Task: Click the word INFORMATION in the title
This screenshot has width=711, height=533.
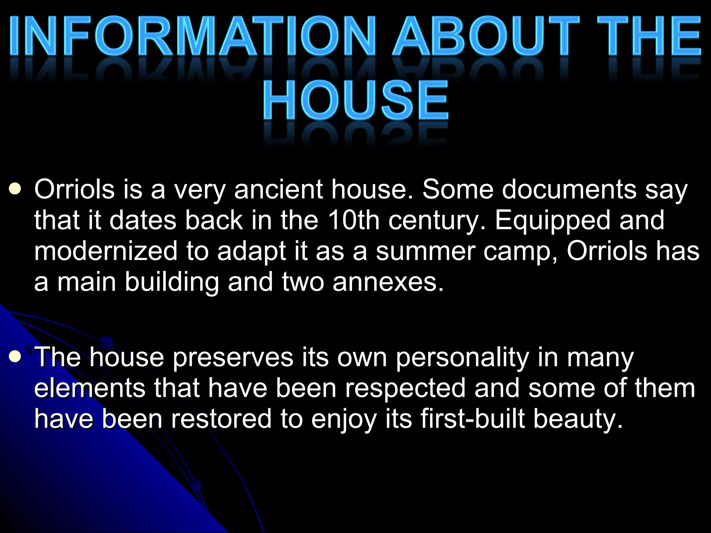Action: [x=193, y=36]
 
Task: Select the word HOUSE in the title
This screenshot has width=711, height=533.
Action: [x=356, y=100]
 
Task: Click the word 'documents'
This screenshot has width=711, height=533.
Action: [x=569, y=189]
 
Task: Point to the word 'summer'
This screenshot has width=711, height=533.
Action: [x=426, y=251]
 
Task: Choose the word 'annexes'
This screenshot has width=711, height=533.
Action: [x=388, y=282]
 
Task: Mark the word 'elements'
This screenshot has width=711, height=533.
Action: [x=90, y=388]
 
